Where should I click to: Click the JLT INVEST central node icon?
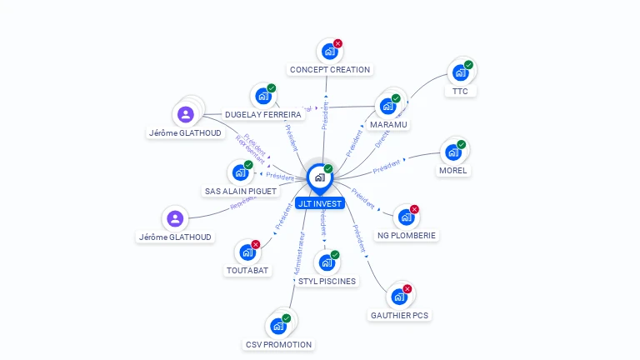[x=318, y=177]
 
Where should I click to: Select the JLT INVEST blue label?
[x=319, y=203]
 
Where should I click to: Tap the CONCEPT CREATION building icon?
[x=330, y=52]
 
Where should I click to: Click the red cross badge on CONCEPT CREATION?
[x=337, y=43]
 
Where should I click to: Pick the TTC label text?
[x=461, y=91]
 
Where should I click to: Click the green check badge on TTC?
[x=468, y=65]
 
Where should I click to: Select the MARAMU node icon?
[x=387, y=107]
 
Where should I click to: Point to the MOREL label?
[x=453, y=171]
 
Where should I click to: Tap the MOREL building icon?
[x=452, y=152]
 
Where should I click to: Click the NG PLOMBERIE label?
[x=407, y=236]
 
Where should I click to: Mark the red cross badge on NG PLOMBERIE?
[x=414, y=209]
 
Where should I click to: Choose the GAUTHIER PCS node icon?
[x=399, y=297]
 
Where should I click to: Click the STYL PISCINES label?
[x=327, y=281]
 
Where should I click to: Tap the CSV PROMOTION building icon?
[x=278, y=326]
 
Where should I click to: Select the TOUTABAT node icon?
[x=247, y=252]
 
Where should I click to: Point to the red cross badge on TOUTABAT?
[x=256, y=244]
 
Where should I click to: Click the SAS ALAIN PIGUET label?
[x=241, y=191]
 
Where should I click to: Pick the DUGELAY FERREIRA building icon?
[x=263, y=96]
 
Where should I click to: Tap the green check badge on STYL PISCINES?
[x=335, y=255]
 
